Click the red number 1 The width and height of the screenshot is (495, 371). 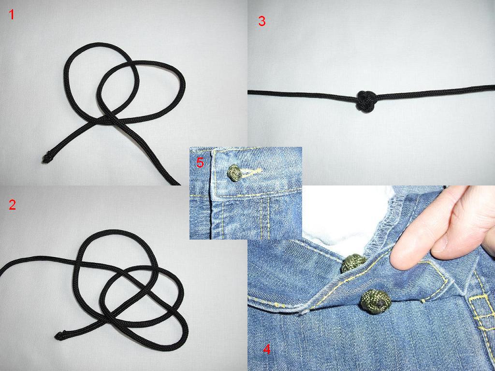(12, 15)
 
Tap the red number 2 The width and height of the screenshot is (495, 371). (12, 205)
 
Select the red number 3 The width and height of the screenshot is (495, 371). (262, 21)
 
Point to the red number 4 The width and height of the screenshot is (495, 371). (267, 349)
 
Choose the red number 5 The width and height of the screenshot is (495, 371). (200, 162)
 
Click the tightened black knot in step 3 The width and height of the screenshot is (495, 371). (366, 101)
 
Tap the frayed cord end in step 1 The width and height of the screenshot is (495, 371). (46, 158)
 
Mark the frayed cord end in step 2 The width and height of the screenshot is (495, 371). (59, 335)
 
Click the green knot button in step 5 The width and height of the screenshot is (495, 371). (234, 173)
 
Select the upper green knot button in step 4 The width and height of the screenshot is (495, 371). (353, 263)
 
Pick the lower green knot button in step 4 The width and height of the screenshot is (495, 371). (376, 302)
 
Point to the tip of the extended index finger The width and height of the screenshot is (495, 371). (396, 262)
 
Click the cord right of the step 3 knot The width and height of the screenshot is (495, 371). (436, 91)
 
